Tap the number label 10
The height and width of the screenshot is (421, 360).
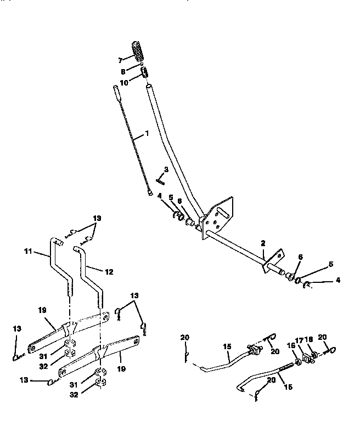[x=124, y=82]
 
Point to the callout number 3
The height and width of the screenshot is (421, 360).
[x=166, y=169]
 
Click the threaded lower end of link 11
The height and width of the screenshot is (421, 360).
[x=70, y=289]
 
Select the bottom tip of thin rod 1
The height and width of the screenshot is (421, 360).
[x=149, y=192]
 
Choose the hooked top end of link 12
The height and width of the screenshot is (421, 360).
[x=77, y=249]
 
